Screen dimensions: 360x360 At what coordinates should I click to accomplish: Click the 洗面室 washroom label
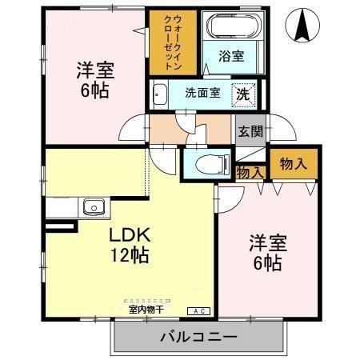(x=202, y=92)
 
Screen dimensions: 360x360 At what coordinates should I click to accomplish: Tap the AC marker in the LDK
(x=196, y=310)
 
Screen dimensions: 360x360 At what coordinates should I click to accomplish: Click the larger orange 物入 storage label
(x=294, y=163)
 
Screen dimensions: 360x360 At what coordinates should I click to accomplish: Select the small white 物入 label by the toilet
(x=250, y=171)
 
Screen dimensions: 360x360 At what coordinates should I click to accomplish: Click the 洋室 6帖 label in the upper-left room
(x=94, y=79)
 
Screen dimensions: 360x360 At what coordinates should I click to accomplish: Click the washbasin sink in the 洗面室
(x=158, y=92)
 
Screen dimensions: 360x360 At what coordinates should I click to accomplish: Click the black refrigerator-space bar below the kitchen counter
(x=61, y=227)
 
